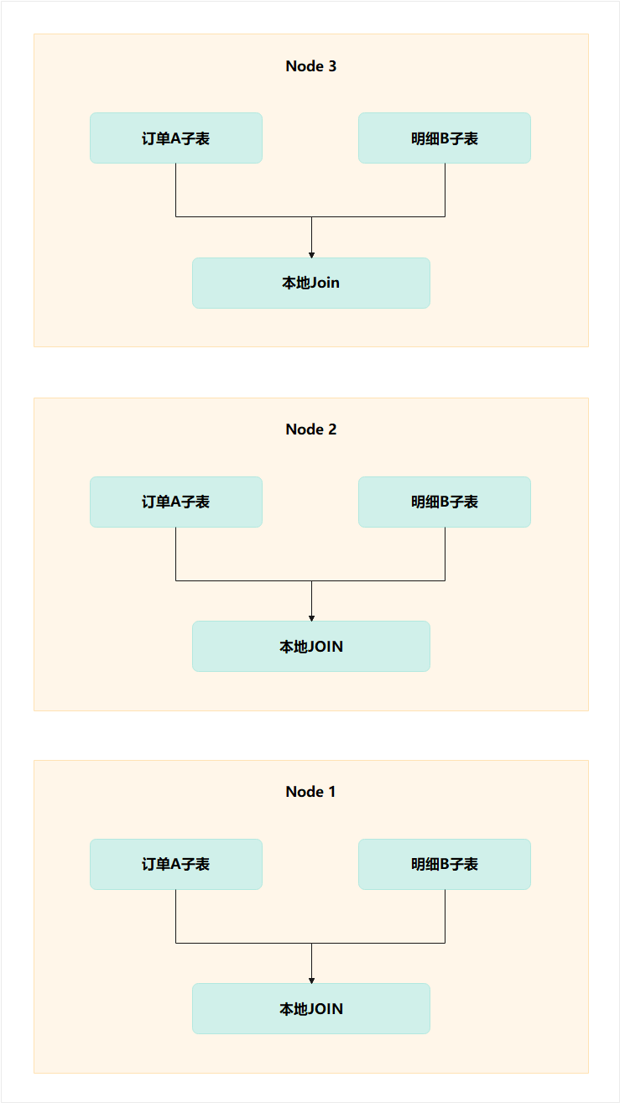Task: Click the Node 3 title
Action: (x=310, y=66)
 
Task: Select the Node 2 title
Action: (x=310, y=429)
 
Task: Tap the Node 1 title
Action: (x=310, y=792)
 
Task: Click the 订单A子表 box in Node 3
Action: (x=176, y=138)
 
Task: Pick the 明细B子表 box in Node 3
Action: (x=445, y=138)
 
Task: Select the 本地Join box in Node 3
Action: (x=311, y=283)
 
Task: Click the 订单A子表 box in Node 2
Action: (x=176, y=502)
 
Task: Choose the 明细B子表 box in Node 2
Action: (x=445, y=502)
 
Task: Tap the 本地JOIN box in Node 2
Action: (x=311, y=646)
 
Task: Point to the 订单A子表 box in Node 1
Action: (x=176, y=864)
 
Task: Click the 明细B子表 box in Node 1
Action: (x=445, y=864)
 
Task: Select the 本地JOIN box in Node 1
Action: (x=311, y=1008)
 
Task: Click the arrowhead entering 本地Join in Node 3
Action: (x=311, y=254)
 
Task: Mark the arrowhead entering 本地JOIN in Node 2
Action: (x=311, y=617)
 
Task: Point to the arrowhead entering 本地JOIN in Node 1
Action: (x=311, y=980)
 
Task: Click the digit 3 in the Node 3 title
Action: (x=332, y=66)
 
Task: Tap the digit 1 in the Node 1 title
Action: (x=332, y=792)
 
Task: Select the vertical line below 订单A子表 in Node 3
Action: (x=176, y=190)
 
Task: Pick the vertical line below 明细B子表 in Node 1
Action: (x=445, y=916)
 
